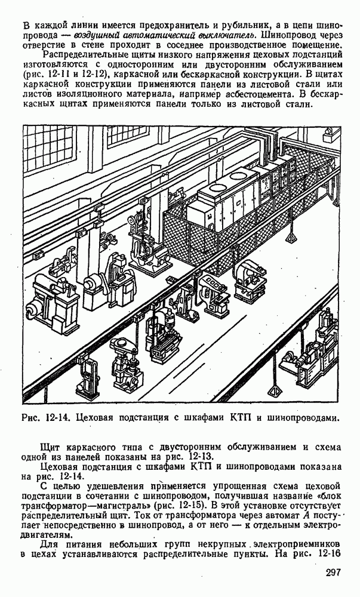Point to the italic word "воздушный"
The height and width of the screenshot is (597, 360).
click(x=93, y=35)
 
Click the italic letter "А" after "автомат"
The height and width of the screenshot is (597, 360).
click(x=304, y=516)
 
